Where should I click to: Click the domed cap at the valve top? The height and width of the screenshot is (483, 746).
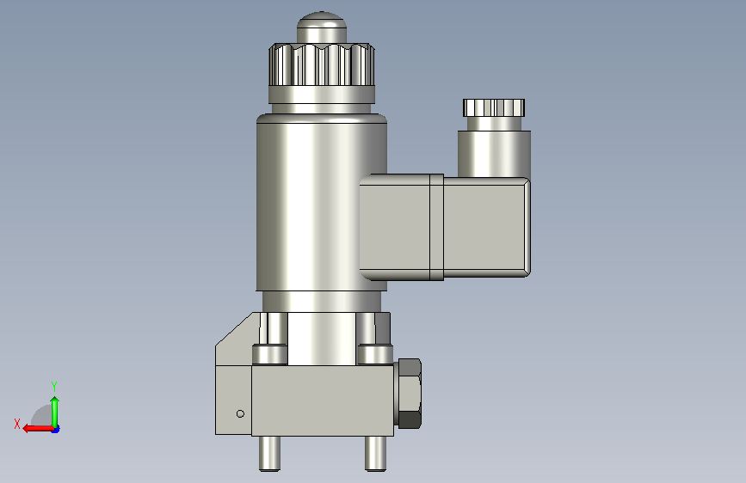point(322,28)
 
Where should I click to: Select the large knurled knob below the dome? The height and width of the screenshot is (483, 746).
point(322,64)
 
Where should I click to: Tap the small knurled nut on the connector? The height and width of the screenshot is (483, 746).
point(494,108)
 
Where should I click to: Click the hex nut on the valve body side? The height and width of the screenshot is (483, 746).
point(410,394)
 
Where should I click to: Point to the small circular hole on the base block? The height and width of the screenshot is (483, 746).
point(240,414)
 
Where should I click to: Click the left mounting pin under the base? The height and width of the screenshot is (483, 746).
point(270,454)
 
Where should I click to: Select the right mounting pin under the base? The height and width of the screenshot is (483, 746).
point(375,454)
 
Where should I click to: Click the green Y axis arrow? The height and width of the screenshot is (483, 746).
point(55,412)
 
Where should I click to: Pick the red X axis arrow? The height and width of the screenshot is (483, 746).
point(38,429)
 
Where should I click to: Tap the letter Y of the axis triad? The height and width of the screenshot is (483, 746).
point(54,386)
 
